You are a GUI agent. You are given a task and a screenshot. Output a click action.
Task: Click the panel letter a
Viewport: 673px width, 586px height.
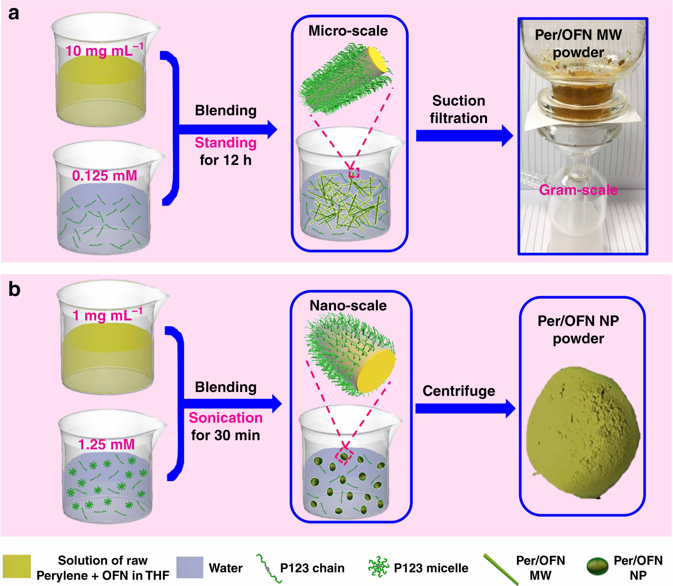tap(13, 13)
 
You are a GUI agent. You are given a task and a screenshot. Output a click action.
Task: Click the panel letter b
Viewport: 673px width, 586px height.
tap(14, 289)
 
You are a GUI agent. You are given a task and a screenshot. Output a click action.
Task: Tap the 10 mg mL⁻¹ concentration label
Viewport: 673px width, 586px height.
tap(104, 50)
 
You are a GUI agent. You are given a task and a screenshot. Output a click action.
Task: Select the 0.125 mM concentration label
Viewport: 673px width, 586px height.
tap(104, 176)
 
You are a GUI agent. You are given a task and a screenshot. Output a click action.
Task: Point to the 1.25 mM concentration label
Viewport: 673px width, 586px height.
tap(106, 444)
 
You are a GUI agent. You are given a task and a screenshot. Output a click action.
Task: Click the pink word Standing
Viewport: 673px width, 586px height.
tap(225, 143)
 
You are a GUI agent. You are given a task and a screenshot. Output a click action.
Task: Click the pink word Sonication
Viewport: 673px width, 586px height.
tap(225, 417)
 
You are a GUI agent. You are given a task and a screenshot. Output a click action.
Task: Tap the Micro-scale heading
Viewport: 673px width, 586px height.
tap(348, 31)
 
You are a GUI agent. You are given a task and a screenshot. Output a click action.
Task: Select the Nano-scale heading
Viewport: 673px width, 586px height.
tap(348, 305)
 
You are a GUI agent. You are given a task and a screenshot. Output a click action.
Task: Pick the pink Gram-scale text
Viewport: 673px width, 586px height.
tap(578, 190)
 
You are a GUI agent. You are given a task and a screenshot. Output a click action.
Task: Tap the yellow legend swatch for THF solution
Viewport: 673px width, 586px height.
tap(16, 568)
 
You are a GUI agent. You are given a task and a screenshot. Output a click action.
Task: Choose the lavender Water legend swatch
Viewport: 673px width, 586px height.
tap(189, 568)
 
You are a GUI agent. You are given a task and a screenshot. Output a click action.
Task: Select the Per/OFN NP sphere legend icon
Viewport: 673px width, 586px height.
tap(597, 567)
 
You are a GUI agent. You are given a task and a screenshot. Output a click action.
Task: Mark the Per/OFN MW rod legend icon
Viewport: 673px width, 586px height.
tap(500, 569)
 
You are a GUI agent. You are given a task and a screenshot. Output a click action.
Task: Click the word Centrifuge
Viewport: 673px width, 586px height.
tap(459, 391)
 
